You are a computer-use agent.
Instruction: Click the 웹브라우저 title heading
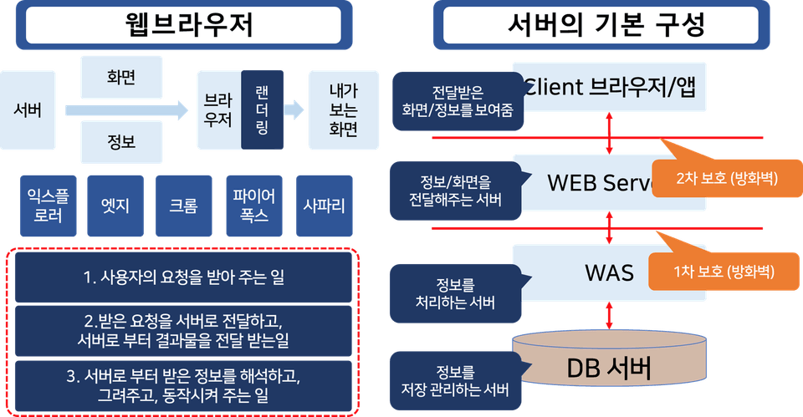[x=183, y=24]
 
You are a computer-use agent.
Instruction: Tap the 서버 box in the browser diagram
[x=28, y=109]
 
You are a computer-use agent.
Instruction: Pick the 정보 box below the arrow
[x=121, y=142]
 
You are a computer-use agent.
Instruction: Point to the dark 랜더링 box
[x=261, y=109]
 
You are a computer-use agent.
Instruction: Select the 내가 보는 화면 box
[x=343, y=109]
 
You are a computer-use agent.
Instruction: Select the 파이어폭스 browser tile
[x=253, y=206]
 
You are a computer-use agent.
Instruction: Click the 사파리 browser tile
[x=324, y=206]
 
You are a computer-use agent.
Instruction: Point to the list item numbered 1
[x=183, y=277]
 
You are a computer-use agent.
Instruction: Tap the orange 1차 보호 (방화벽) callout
[x=724, y=272]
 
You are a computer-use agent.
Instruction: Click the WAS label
[x=609, y=272]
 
